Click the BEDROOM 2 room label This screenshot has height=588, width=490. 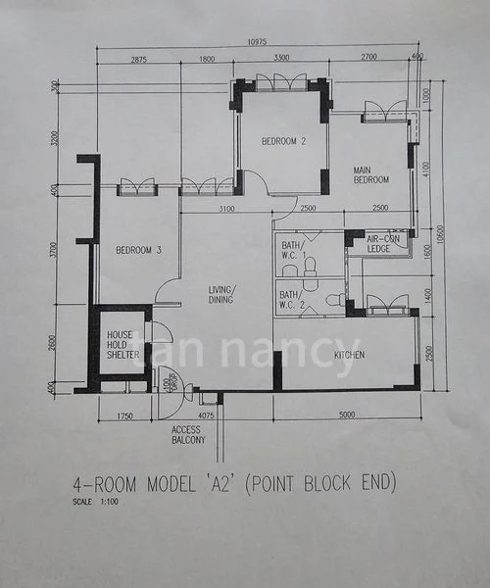(x=283, y=141)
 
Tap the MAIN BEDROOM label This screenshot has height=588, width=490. (x=371, y=174)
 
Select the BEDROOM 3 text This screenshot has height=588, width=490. (x=138, y=250)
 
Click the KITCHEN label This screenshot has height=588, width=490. (x=349, y=355)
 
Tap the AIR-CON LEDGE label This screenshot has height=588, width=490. (x=378, y=243)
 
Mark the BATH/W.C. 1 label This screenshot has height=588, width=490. (x=293, y=251)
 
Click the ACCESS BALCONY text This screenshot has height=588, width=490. (x=187, y=434)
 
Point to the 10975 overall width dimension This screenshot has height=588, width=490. (x=257, y=41)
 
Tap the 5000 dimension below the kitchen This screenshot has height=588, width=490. (x=347, y=416)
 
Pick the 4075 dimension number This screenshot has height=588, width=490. (x=206, y=416)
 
